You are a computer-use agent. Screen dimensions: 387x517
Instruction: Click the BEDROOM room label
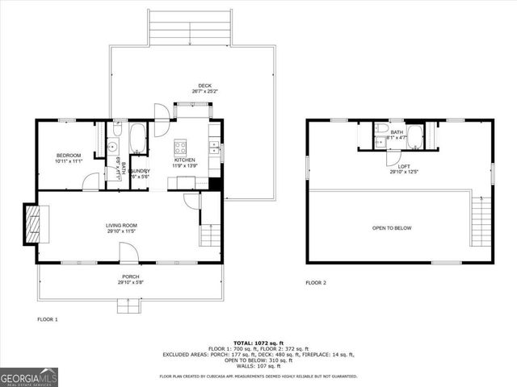pos(68,155)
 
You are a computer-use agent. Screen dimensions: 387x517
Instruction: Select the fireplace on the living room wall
pos(33,223)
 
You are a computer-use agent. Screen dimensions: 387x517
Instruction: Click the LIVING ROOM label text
pos(121,225)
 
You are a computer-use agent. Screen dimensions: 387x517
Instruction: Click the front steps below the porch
pos(127,306)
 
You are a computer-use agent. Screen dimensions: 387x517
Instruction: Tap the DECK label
pos(205,85)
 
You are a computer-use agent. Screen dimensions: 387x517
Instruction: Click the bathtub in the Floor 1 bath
pos(137,139)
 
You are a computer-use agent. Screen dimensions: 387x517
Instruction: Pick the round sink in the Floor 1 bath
pos(113,146)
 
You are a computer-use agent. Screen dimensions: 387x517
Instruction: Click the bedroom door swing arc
pos(91,182)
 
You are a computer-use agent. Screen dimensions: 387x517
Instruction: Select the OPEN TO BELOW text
pos(391,228)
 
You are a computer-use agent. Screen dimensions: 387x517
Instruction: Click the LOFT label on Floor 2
pos(398,166)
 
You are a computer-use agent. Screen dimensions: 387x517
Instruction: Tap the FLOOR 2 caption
pos(316,283)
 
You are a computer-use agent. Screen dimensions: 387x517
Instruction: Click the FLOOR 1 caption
pos(48,319)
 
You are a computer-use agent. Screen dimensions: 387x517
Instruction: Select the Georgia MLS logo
pos(28,376)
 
